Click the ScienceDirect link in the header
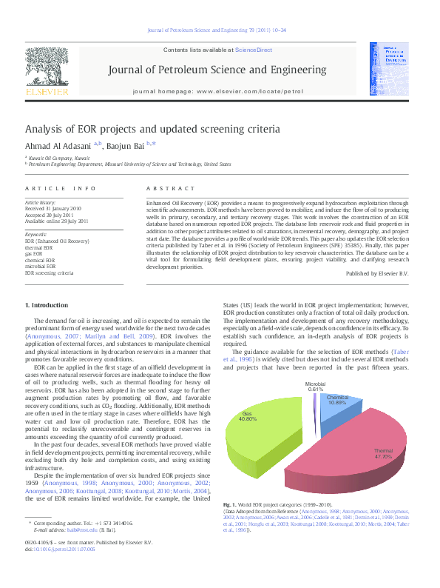253,50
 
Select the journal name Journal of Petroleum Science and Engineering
217,70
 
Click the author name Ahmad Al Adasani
57,146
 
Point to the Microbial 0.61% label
315,387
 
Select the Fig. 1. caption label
231,504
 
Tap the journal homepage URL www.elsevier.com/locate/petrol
250,92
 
